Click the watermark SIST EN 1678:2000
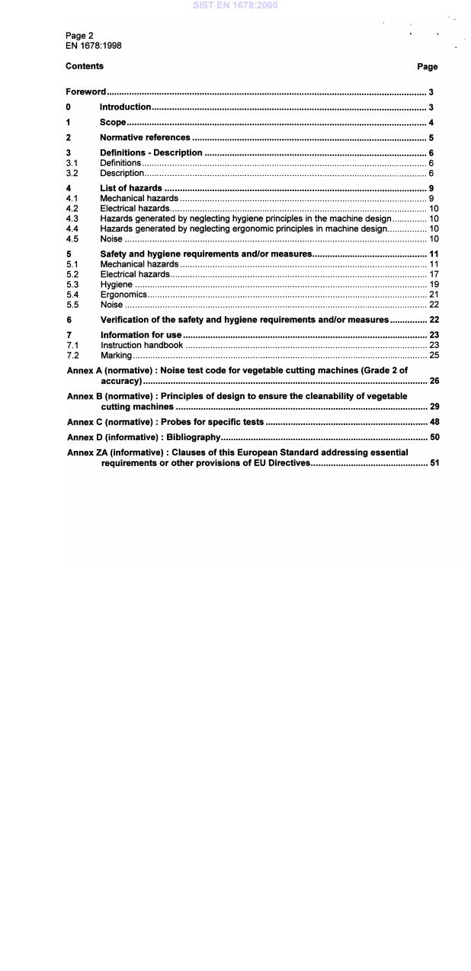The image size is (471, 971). [x=235, y=5]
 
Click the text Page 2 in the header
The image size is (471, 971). [x=79, y=36]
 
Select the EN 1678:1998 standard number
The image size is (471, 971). [x=93, y=46]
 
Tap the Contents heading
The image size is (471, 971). [x=85, y=66]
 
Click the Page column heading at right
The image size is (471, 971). [x=427, y=67]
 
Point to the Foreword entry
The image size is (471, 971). [x=85, y=92]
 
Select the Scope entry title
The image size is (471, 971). [x=113, y=123]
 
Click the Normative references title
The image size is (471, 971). [x=145, y=138]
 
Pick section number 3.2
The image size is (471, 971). [x=72, y=173]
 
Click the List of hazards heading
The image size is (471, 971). [x=131, y=188]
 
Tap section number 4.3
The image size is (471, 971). [x=72, y=219]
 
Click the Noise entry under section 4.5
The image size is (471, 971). [x=111, y=239]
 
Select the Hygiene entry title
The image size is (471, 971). [x=116, y=285]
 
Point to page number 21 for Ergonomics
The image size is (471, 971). [x=433, y=295]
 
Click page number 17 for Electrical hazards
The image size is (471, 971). [x=433, y=274]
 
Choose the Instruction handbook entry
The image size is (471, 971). [x=142, y=345]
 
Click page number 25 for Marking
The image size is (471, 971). [x=433, y=356]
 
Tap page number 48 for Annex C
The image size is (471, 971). [x=433, y=422]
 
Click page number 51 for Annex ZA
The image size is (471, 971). [x=433, y=463]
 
